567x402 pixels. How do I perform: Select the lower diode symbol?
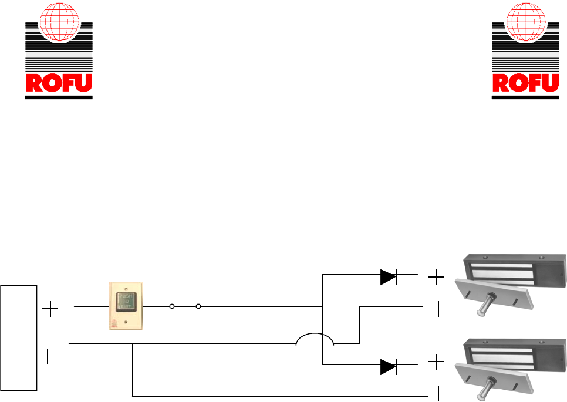point(389,367)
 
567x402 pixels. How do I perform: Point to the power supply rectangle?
point(19,337)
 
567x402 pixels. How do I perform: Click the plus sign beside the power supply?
point(52,309)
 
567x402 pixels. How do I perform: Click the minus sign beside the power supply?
point(48,357)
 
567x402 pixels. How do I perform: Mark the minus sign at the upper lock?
point(438,309)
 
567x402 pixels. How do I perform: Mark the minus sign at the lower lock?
point(438,393)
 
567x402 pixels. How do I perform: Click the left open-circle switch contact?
point(171,306)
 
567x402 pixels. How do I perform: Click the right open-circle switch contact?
point(198,306)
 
